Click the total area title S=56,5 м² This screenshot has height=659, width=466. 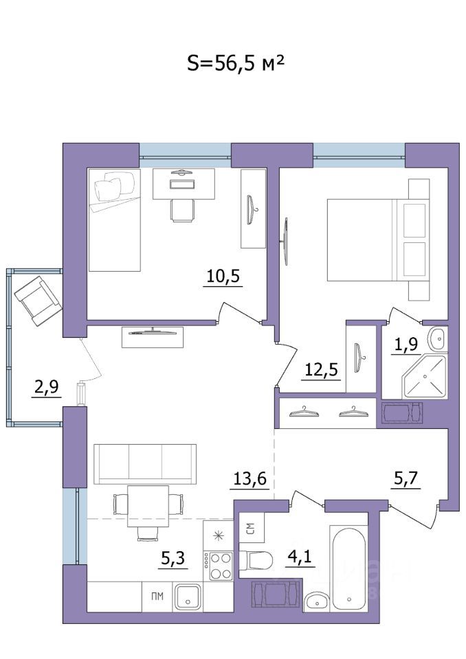click(x=236, y=63)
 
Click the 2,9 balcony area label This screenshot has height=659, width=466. click(x=46, y=388)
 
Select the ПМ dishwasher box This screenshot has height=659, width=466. click(x=157, y=597)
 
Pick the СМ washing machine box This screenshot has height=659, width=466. click(x=250, y=529)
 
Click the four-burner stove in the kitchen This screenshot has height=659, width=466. click(x=220, y=567)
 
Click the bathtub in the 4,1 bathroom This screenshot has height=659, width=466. click(x=351, y=568)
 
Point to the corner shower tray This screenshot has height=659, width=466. click(x=424, y=376)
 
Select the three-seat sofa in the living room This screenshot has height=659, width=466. click(x=144, y=463)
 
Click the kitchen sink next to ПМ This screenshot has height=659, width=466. click(x=186, y=597)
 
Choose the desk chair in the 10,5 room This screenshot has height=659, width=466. click(x=182, y=210)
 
